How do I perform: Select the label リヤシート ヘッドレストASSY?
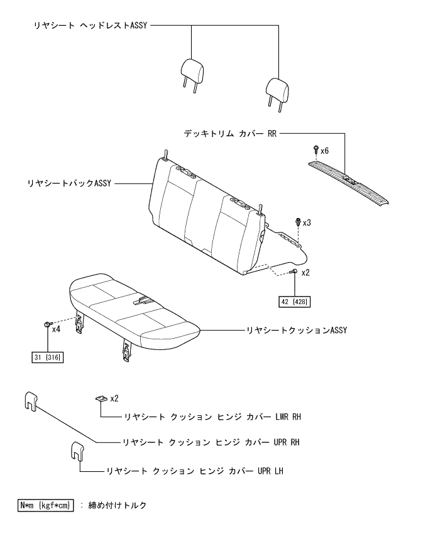point(90,27)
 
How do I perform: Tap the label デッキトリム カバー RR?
point(230,134)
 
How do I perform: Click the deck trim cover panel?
point(349,182)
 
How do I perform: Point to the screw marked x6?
point(315,150)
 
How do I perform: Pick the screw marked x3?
point(298,222)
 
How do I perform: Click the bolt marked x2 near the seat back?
point(294,271)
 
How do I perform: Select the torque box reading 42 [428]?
point(295,301)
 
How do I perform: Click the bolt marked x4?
point(47,324)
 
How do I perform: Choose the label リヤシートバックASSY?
point(69,183)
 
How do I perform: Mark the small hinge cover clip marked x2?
point(101,399)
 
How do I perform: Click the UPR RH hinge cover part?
point(30,400)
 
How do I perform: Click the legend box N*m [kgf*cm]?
point(45,505)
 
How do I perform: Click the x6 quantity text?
point(325,151)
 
